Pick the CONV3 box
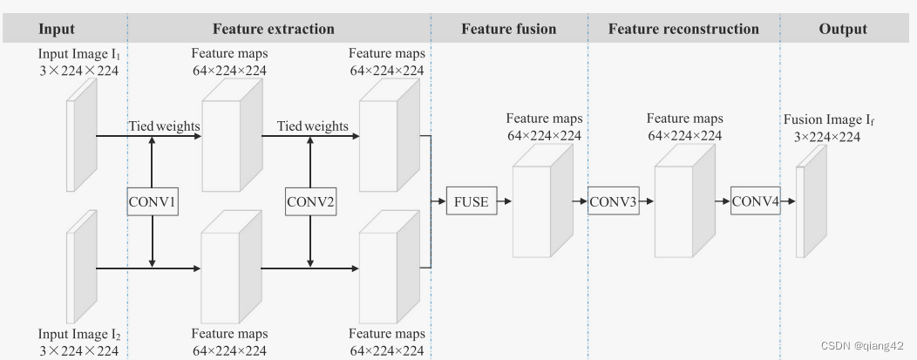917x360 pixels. coord(613,201)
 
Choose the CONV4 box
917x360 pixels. coord(755,201)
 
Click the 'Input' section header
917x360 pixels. coord(57,29)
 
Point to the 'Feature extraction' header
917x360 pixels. coord(273,29)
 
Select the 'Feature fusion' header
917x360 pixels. coord(508,29)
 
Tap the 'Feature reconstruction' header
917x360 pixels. coord(683,29)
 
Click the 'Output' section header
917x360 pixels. coord(843,29)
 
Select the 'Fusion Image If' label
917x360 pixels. coord(828,120)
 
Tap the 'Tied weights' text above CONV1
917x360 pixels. coord(164,126)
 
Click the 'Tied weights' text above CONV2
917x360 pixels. coord(312,126)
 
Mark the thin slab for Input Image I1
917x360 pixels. coord(82,141)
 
